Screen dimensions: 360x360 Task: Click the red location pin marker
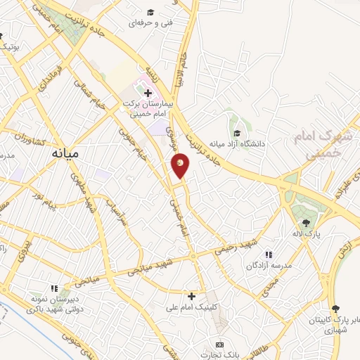tap(181, 165)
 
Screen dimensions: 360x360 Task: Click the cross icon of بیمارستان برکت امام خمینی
tap(148, 93)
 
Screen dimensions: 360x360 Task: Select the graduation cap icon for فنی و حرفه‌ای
tap(149, 12)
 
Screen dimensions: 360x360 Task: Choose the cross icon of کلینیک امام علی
tap(191, 296)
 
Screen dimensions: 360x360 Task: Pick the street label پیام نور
tap(53, 203)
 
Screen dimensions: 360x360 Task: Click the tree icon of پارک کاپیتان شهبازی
tap(335, 308)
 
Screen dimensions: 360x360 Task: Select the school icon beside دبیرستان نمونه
tap(54, 288)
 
